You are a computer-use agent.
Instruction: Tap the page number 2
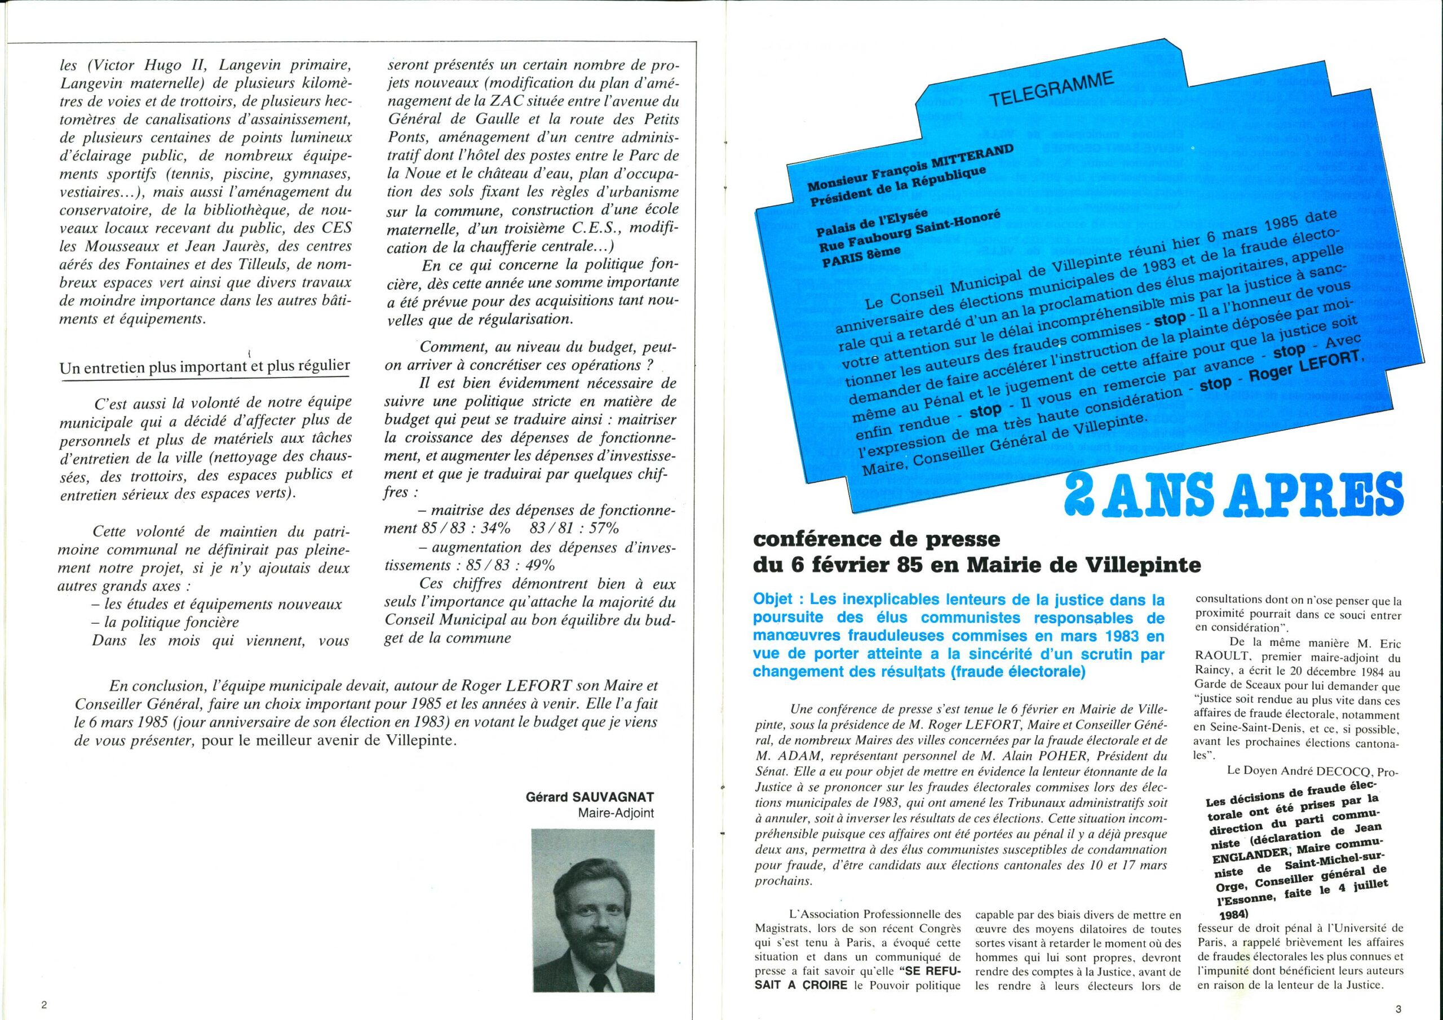point(45,1004)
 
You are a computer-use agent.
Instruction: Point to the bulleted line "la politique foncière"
point(169,623)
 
